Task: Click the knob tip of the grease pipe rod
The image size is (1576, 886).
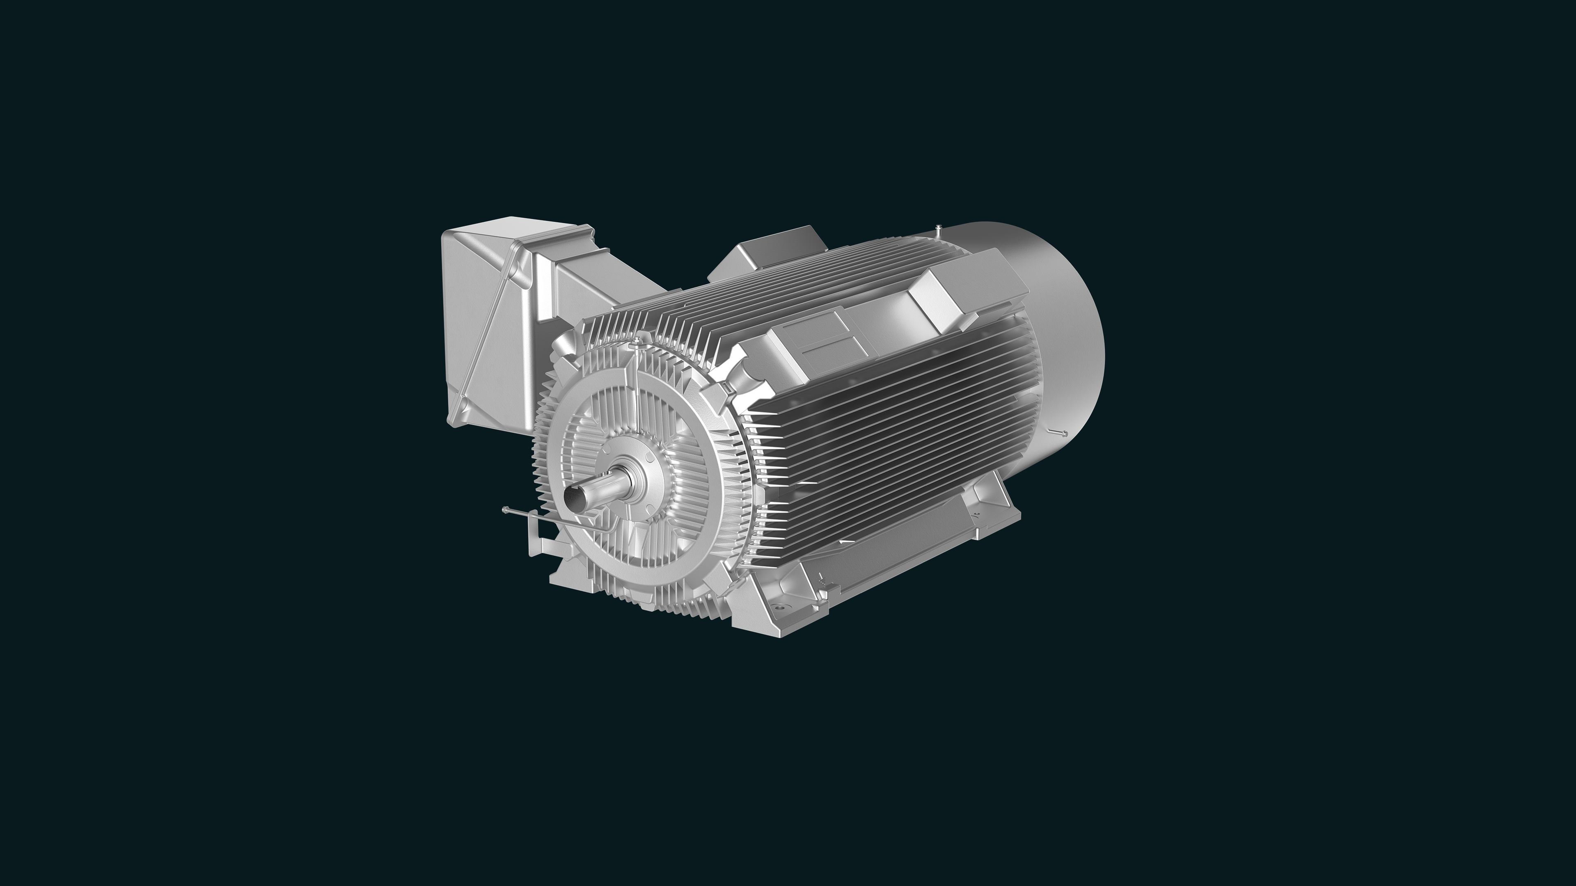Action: [x=505, y=509]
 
